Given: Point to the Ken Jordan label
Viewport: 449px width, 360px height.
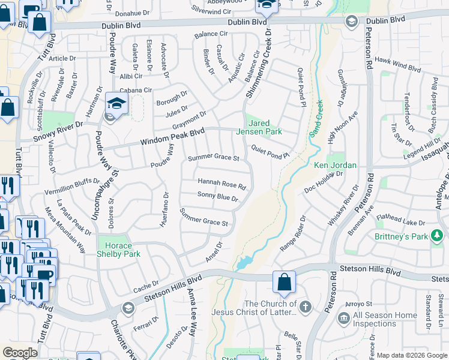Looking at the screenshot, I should coord(336,165).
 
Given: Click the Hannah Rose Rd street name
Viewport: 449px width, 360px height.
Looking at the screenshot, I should coord(221,184).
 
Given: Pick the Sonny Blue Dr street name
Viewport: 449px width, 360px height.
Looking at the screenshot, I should coord(218,197).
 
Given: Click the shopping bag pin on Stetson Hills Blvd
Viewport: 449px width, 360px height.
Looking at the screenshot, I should coord(284,281).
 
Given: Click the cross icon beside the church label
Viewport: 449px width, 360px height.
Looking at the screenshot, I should coord(306,308).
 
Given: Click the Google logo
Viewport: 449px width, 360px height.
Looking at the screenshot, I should coord(20,353).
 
